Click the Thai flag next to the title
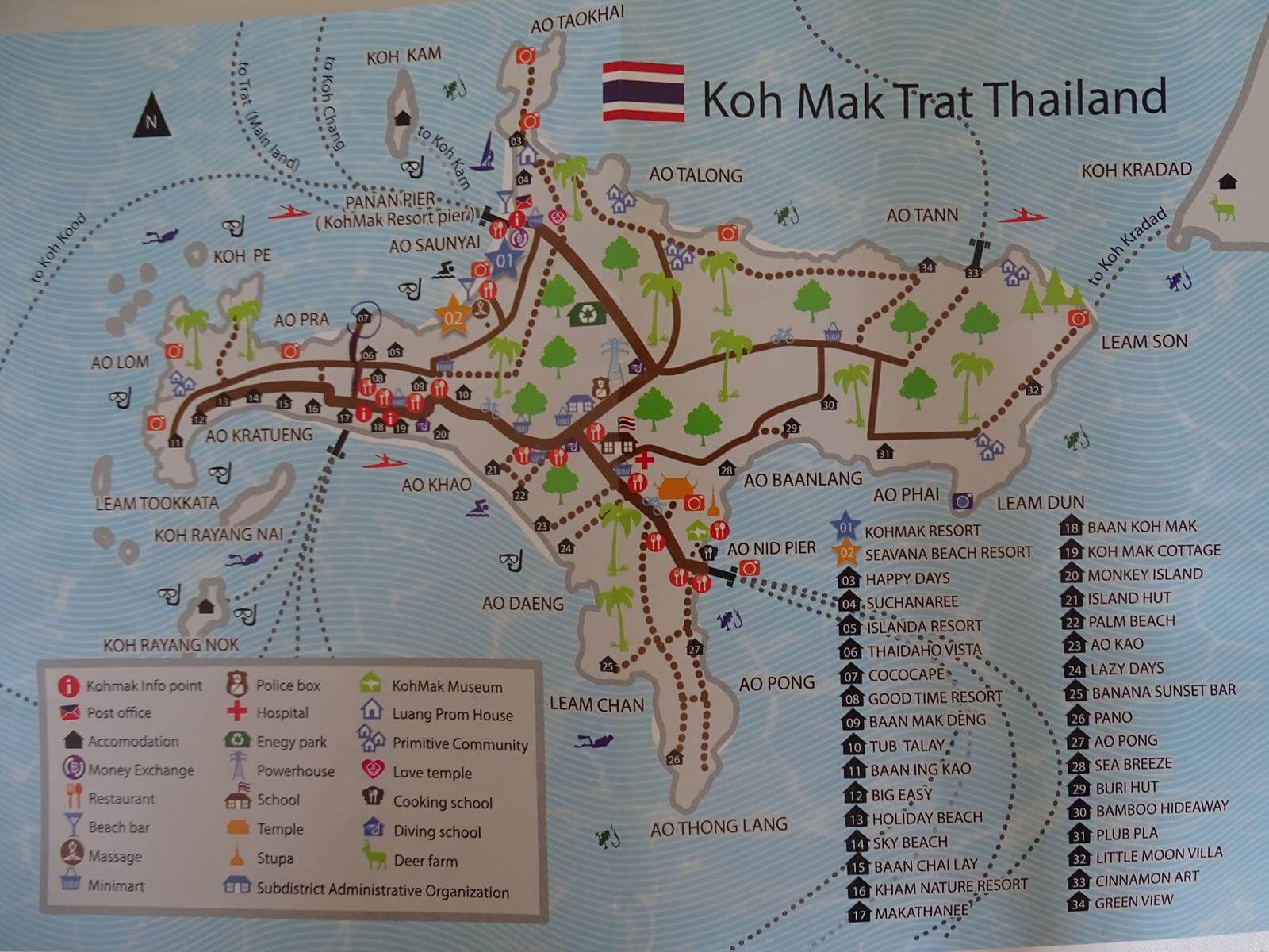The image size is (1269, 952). (x=643, y=91)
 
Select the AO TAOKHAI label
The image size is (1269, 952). (x=577, y=19)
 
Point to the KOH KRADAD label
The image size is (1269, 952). (x=1136, y=170)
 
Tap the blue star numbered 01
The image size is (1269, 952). (x=504, y=259)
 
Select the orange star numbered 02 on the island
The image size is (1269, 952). (x=454, y=317)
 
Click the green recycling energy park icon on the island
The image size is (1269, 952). (x=588, y=314)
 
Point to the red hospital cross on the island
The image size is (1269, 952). (x=645, y=459)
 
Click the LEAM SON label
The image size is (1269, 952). (x=1144, y=342)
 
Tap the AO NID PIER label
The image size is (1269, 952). (x=771, y=548)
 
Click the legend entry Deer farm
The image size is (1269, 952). (x=425, y=861)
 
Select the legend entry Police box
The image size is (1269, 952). (x=288, y=685)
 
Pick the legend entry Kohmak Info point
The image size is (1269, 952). (x=144, y=685)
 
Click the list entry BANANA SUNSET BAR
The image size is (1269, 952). (x=1163, y=692)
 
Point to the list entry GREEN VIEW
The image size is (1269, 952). (x=1133, y=902)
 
